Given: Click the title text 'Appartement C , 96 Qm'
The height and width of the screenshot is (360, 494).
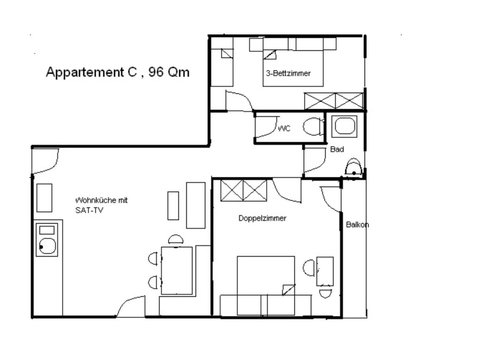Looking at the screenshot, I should [x=118, y=72].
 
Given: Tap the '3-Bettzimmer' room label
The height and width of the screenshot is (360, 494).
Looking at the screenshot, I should [x=288, y=73].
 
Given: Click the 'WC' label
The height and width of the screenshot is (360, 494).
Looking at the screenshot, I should [x=284, y=128].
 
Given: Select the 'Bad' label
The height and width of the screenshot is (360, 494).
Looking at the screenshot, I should [x=337, y=149].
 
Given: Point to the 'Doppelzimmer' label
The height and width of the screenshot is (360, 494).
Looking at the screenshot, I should [x=262, y=218].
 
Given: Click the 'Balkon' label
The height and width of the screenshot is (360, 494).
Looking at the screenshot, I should [x=357, y=225].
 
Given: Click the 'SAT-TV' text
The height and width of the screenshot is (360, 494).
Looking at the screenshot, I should [x=89, y=210].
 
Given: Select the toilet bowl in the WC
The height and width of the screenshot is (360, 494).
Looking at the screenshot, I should [x=313, y=127].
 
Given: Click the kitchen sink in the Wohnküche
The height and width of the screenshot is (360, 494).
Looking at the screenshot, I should [x=47, y=246].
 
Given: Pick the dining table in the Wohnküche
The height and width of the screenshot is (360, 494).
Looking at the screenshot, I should [x=177, y=271].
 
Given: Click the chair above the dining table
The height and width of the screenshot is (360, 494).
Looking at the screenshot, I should [x=176, y=239].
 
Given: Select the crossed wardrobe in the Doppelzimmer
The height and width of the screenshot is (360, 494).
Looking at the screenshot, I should [x=243, y=190].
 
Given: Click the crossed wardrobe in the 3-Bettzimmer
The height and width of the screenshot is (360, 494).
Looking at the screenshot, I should [x=334, y=101].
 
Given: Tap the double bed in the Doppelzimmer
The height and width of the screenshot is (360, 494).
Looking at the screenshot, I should [x=266, y=285].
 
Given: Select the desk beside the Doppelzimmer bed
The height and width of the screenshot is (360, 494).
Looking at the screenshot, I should [x=325, y=271].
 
